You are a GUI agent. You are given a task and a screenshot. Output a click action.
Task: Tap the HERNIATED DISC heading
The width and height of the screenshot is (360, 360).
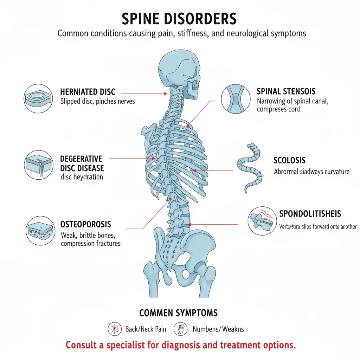(x=88, y=92)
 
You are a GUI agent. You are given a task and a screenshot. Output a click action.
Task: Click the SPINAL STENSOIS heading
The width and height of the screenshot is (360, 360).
(x=286, y=91)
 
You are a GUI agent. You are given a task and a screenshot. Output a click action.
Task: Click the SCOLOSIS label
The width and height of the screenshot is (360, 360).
(x=289, y=160)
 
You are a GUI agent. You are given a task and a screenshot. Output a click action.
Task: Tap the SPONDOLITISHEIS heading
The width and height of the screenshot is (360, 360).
(x=310, y=214)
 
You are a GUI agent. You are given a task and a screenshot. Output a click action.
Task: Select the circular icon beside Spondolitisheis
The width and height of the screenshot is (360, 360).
(x=262, y=221)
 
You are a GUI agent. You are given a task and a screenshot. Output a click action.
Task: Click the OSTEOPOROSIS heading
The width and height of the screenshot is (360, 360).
(x=86, y=224)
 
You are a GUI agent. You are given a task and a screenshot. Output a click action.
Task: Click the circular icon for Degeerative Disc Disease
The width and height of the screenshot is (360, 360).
(x=39, y=164)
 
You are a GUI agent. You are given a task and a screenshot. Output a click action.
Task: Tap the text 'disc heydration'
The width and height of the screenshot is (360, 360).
(x=82, y=177)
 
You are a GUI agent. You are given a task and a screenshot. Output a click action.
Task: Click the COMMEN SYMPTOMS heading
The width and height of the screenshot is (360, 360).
(x=179, y=313)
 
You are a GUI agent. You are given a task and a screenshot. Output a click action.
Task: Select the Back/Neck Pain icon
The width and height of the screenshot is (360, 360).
(x=114, y=329)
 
